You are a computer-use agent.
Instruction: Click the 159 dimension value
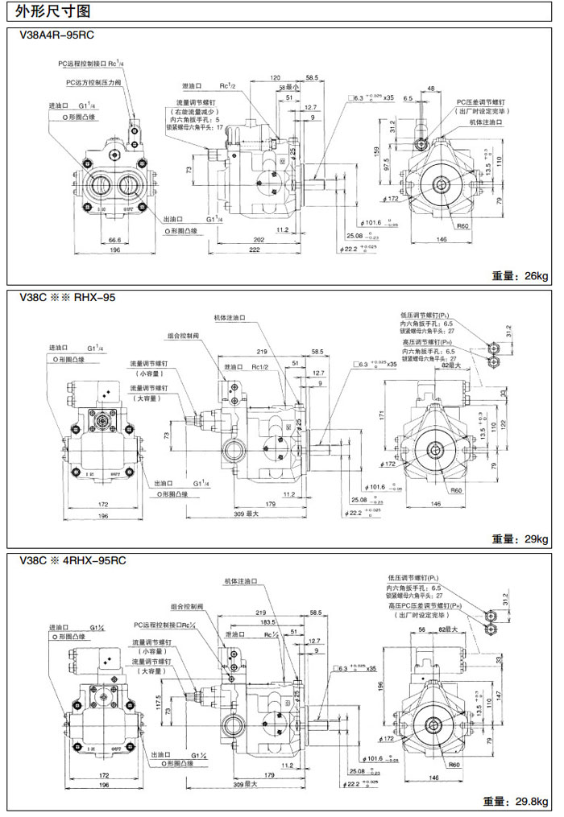(376, 151)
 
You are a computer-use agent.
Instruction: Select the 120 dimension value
(276, 78)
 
